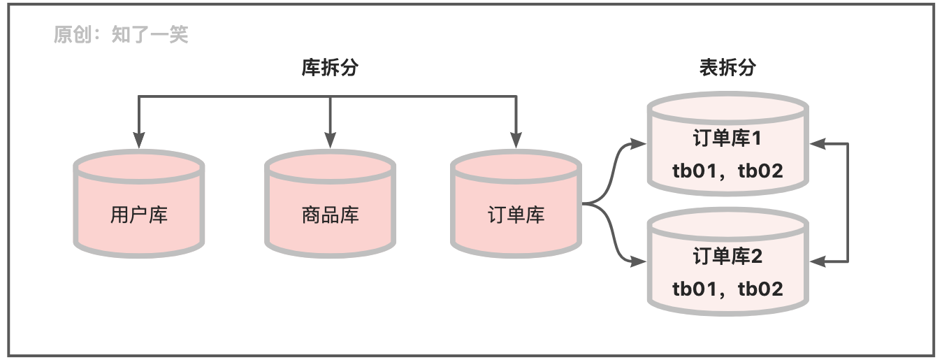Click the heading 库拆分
coord(330,68)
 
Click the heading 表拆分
coord(727,68)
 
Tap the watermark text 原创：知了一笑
coord(121,34)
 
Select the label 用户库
coord(139,215)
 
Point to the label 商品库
coord(330,215)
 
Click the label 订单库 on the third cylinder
coord(516,215)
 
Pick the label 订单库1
coord(727,138)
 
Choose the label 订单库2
coord(727,257)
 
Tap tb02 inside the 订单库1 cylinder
coord(760,171)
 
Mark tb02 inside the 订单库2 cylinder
coord(760,289)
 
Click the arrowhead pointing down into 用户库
coord(139,141)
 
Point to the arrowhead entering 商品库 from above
coord(330,141)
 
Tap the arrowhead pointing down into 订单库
coord(516,141)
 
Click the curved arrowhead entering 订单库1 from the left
coord(637,144)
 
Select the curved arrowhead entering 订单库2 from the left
coord(637,262)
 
